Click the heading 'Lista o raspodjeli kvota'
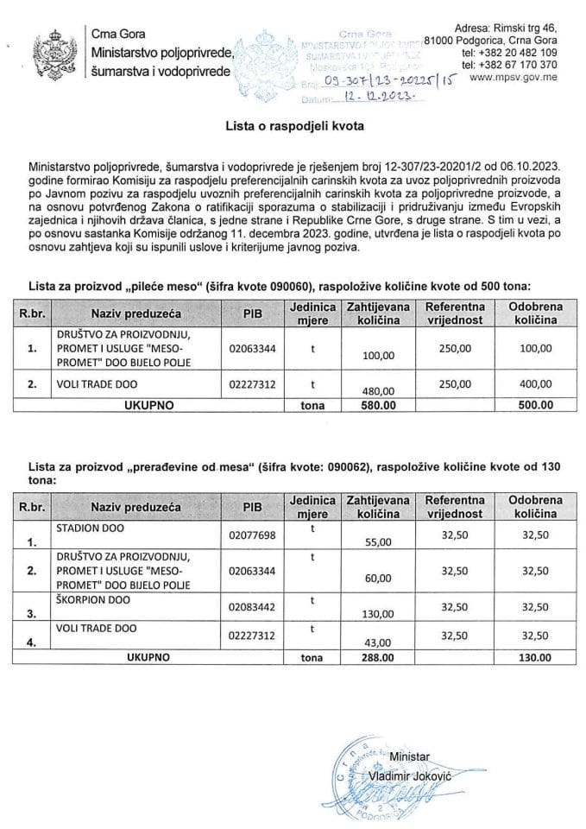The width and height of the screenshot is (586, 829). click(293, 126)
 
